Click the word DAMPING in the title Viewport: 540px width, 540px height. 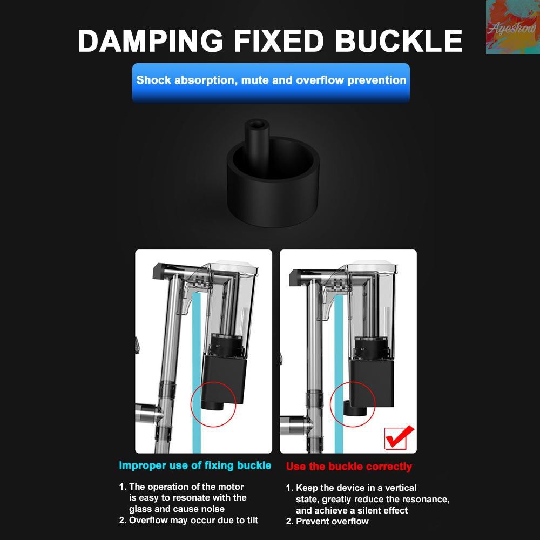pos(150,41)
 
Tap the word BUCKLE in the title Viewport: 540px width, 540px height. pos(399,41)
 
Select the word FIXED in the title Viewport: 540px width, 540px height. pos(279,41)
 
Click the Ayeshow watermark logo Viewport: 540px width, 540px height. pos(513,27)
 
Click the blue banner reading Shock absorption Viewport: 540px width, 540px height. pos(271,82)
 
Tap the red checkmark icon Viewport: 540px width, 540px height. pos(399,437)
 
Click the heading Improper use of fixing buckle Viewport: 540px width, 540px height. pos(195,465)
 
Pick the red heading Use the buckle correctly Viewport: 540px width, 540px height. pos(349,467)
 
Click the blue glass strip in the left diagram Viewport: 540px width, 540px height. pos(197,372)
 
